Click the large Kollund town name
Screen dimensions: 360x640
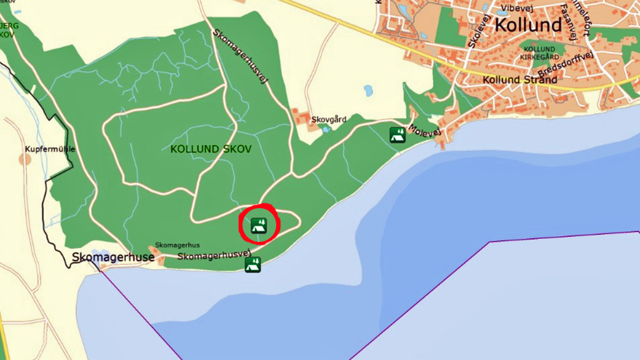[528, 26]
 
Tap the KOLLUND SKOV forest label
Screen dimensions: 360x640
[211, 149]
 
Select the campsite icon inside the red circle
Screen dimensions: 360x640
[259, 225]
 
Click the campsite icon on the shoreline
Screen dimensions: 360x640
[252, 264]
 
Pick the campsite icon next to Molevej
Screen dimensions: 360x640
[396, 134]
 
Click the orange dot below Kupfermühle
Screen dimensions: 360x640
[25, 159]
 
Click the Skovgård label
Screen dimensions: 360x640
[329, 119]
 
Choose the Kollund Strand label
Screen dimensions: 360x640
[520, 80]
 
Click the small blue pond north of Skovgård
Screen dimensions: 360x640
[368, 91]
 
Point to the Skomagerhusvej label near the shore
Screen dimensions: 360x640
[218, 256]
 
